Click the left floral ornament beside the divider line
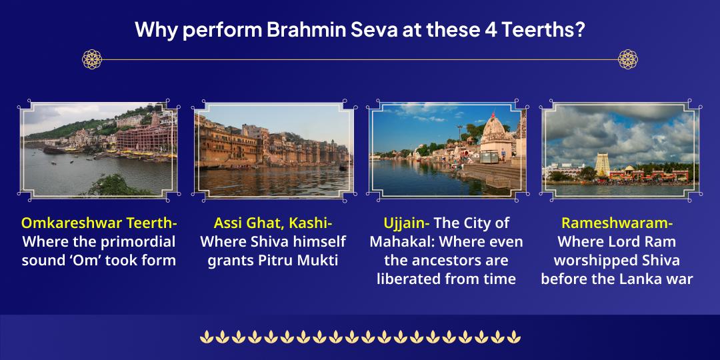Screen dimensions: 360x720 tap(92, 59)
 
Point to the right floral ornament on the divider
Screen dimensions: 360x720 tap(628, 59)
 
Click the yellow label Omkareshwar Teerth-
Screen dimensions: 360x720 tap(99, 223)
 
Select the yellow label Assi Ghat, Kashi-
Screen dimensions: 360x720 tap(273, 223)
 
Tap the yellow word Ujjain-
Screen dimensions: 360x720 tap(406, 223)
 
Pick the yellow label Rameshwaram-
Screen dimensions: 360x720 tap(617, 223)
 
